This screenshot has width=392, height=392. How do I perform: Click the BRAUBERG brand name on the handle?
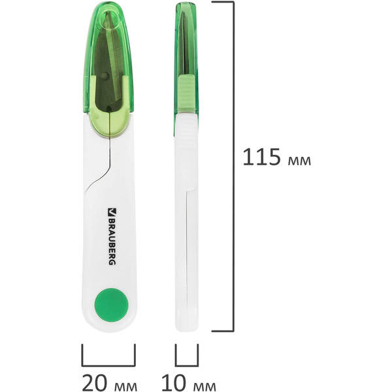pyautogui.click(x=110, y=238)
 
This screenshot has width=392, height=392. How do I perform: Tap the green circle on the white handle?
pyautogui.click(x=109, y=304)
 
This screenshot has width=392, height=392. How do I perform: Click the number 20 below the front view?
pyautogui.click(x=96, y=381)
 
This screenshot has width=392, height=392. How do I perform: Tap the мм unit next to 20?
pyautogui.click(x=127, y=383)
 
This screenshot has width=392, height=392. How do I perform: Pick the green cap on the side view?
pyautogui.click(x=186, y=52)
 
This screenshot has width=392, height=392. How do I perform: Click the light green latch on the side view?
pyautogui.click(x=186, y=95)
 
